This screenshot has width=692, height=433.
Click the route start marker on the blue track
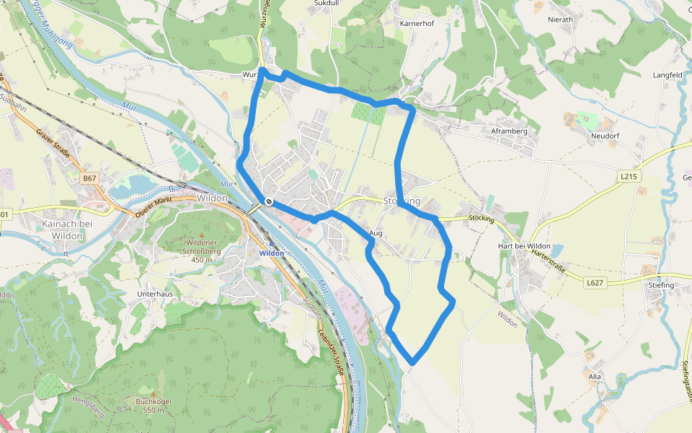[268, 202]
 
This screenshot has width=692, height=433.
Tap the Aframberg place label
[510, 131]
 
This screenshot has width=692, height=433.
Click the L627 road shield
[594, 283]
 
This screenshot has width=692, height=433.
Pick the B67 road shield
[89, 178]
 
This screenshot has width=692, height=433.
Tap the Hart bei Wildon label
[524, 247]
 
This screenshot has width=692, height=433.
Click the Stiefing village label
[660, 285]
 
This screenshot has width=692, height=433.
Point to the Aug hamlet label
[376, 233]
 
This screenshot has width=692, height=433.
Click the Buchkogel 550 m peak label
[154, 405]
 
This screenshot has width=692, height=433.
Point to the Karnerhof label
[416, 23]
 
